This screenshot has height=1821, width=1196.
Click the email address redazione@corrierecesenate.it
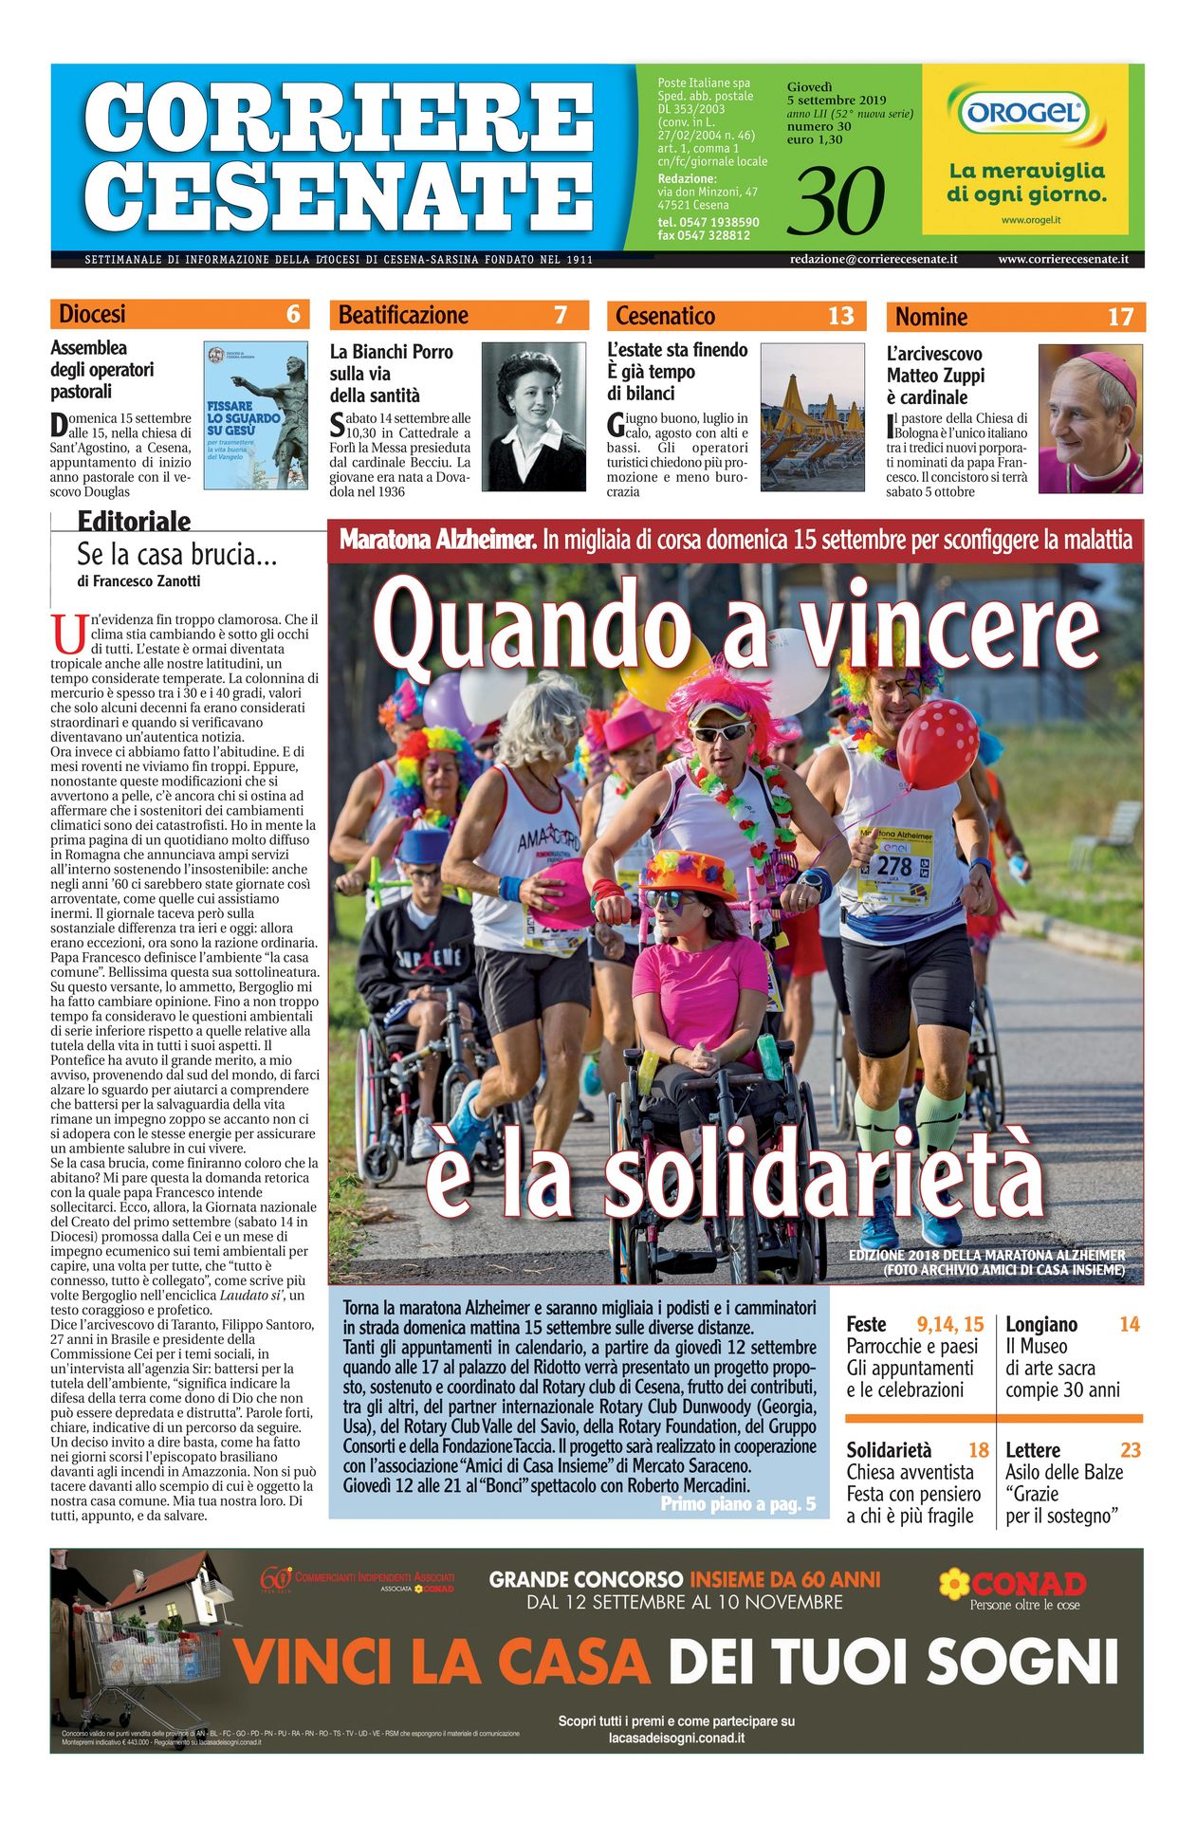pos(874,259)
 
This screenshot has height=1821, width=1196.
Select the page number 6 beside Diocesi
pos(293,314)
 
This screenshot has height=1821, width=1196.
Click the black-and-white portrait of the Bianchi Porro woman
pos(534,416)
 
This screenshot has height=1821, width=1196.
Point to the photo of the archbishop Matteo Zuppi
pos(1090,418)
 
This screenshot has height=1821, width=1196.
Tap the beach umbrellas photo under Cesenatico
pos(813,417)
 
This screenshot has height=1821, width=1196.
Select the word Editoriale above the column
pos(134,522)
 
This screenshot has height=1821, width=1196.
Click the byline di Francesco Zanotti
pos(138,581)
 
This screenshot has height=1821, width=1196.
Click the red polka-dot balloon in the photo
pos(937,744)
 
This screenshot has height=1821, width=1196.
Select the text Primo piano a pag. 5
pos(738,1504)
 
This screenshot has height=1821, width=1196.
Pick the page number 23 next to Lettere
pos(1130,1450)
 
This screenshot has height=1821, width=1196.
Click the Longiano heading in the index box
pos(1041,1324)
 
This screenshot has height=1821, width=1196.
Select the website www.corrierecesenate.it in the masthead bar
pos(1062,259)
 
